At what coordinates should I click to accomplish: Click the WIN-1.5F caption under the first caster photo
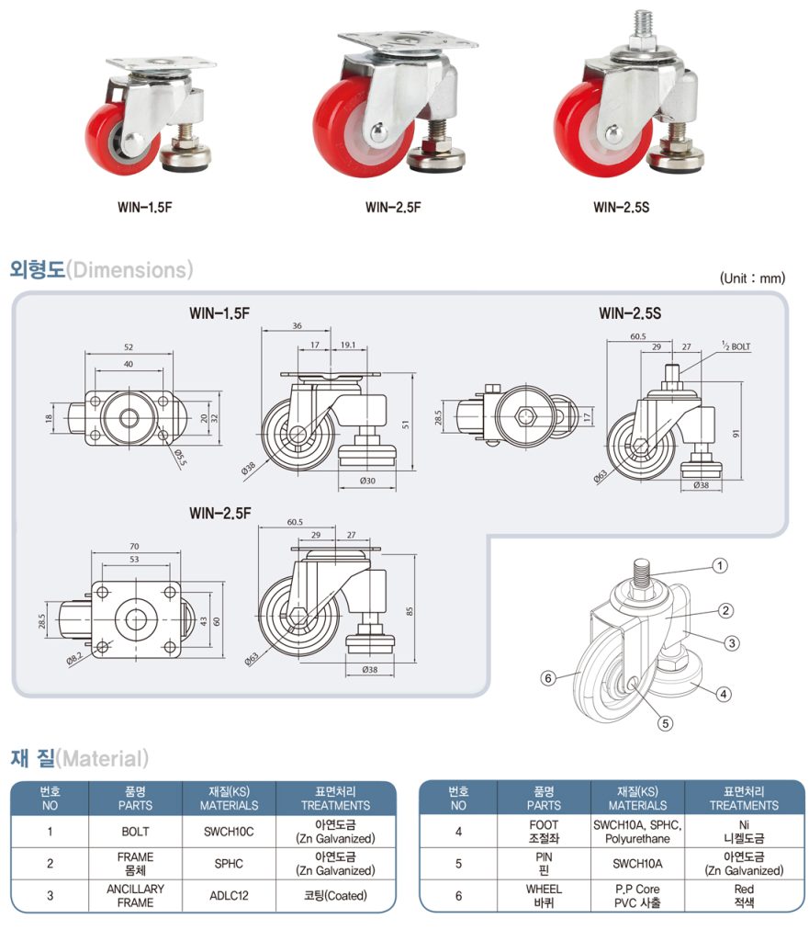[146, 207]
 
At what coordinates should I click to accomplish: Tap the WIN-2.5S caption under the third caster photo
[621, 207]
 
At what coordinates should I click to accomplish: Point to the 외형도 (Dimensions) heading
[101, 269]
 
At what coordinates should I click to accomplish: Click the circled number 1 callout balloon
[721, 566]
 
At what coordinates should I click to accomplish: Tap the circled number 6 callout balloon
[547, 678]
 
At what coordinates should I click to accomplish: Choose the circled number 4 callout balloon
[724, 694]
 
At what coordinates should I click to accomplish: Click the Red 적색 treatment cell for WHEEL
[744, 895]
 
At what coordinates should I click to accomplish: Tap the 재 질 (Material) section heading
[79, 758]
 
